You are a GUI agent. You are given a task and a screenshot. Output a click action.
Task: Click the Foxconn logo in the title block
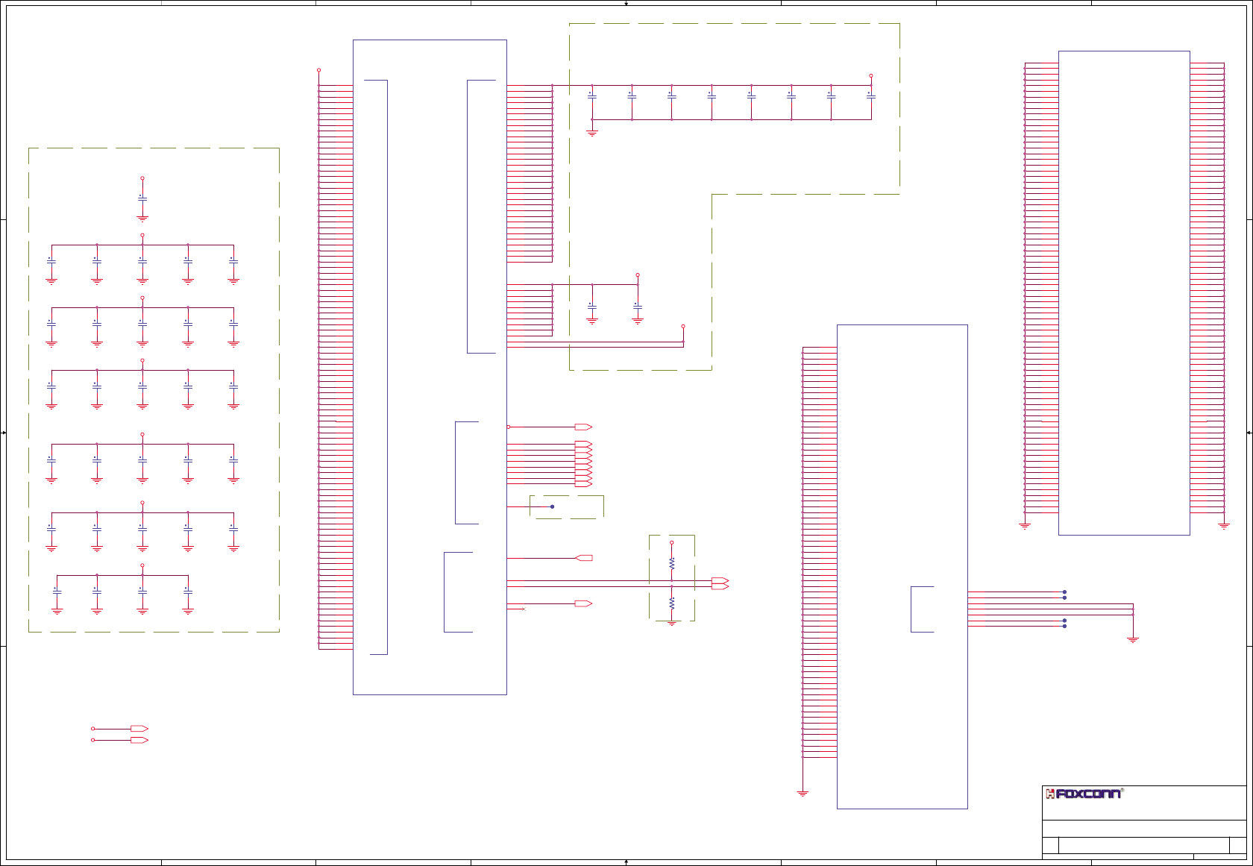[1084, 794]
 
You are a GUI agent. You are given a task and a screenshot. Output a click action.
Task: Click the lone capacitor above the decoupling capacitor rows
[142, 198]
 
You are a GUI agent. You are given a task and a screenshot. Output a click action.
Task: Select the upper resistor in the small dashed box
[671, 564]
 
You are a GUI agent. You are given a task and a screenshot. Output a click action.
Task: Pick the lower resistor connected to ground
[671, 603]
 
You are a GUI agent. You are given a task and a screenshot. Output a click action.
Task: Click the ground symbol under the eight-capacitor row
[592, 133]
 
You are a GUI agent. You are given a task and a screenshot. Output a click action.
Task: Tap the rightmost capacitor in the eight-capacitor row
[871, 96]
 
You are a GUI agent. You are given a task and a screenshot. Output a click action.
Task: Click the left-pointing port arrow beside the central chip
[584, 558]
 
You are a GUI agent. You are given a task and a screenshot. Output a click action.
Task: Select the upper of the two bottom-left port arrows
[139, 729]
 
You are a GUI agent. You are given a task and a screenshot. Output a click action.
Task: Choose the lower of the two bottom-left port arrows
[139, 740]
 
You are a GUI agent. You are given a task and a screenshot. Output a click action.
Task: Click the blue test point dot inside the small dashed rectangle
[552, 506]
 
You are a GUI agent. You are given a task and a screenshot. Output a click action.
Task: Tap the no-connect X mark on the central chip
[524, 609]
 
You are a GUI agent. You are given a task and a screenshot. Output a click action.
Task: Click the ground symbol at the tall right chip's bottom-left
[1025, 526]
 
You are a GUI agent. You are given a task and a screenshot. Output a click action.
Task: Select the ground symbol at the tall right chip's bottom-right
[1224, 526]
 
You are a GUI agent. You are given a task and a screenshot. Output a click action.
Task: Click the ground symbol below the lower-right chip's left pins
[803, 794]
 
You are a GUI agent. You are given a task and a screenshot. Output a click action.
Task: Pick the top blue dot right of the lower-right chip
[1064, 592]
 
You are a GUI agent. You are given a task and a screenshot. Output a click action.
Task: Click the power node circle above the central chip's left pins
[318, 70]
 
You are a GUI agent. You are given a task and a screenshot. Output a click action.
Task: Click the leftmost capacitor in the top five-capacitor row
[51, 260]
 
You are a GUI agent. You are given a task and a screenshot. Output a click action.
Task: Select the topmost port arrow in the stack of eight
[583, 444]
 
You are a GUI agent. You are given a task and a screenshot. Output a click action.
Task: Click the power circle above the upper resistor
[671, 542]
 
